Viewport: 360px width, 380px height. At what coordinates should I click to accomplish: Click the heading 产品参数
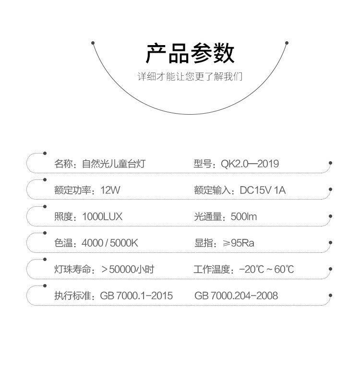click(190, 53)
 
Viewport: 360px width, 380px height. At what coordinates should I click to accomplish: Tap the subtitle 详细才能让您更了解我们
click(190, 77)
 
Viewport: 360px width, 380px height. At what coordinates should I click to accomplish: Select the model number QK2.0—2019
click(250, 164)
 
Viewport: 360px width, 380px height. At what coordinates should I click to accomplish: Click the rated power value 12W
click(110, 190)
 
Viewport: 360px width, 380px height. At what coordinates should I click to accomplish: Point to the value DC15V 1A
click(263, 190)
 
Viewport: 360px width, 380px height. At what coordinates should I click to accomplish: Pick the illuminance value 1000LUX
click(102, 217)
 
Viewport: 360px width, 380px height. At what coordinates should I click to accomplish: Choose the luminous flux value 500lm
click(244, 217)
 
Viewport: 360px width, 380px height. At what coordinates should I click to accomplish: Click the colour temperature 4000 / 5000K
click(110, 243)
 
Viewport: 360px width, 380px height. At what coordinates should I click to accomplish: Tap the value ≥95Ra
click(239, 243)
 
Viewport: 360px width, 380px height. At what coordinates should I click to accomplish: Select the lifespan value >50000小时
click(128, 269)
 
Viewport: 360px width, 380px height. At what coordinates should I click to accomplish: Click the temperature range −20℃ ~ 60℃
click(266, 269)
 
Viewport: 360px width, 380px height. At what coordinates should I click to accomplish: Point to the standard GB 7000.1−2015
click(136, 296)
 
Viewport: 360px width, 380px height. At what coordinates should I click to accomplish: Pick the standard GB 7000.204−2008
click(236, 296)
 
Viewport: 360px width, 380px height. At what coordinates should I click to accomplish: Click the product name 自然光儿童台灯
click(114, 164)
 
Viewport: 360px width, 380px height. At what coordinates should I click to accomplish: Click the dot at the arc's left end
click(93, 43)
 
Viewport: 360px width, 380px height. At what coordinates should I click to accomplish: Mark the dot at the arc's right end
click(287, 43)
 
